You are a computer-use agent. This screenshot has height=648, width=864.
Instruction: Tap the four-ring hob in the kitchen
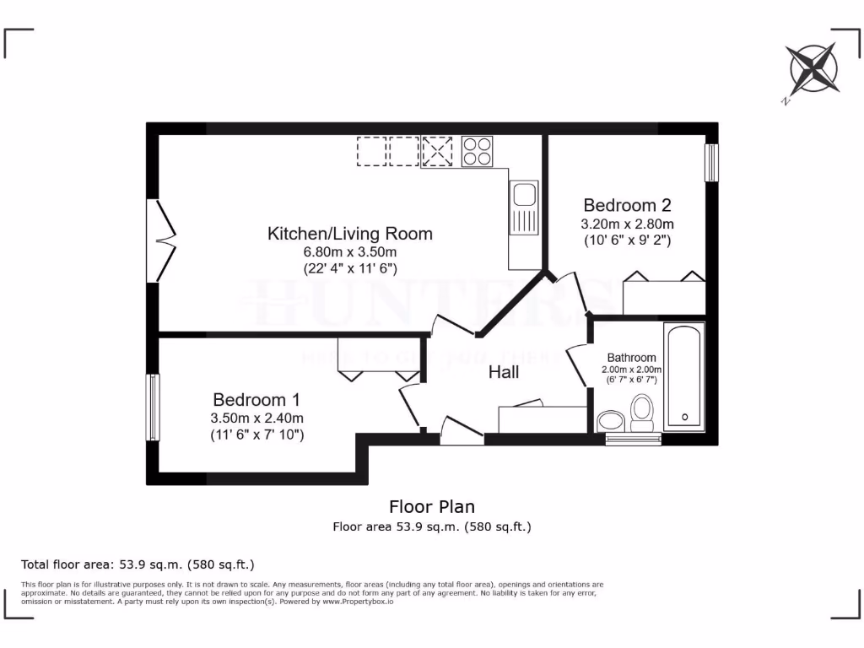(477, 151)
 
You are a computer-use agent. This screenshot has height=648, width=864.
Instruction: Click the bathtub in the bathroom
(684, 376)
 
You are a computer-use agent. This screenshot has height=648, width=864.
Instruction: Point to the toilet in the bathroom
(643, 414)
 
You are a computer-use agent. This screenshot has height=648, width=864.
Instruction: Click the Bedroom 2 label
(628, 205)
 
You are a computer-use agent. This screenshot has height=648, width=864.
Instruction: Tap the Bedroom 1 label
(256, 399)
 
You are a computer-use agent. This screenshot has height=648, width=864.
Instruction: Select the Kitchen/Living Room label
(350, 234)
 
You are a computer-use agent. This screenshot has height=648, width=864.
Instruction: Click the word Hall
(504, 372)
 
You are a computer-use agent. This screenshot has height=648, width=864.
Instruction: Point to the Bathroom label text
(631, 358)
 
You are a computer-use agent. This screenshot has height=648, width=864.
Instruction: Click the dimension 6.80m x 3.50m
(349, 251)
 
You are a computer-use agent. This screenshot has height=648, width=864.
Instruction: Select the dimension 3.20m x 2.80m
(628, 224)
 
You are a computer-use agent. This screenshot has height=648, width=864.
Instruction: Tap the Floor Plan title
(431, 506)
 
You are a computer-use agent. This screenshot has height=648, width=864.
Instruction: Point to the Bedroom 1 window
(153, 408)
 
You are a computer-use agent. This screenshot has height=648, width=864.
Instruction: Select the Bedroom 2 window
(711, 162)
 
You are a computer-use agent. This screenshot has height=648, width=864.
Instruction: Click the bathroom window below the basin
(633, 440)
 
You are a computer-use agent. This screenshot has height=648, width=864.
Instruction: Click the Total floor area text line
(138, 564)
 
